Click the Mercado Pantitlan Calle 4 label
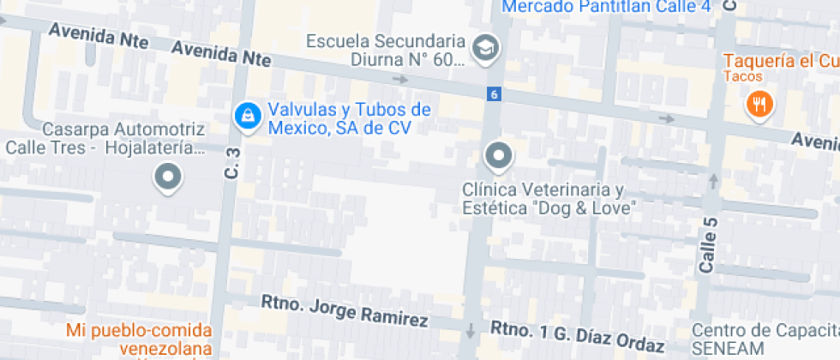pos(607,7)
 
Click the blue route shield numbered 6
pos(494,93)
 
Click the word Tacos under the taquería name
pos(742,77)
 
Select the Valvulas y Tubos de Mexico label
pos(349,119)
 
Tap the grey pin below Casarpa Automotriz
pos(168,178)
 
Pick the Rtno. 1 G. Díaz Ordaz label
pos(578,337)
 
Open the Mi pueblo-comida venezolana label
pos(141,339)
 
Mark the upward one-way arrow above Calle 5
pos(713,182)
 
